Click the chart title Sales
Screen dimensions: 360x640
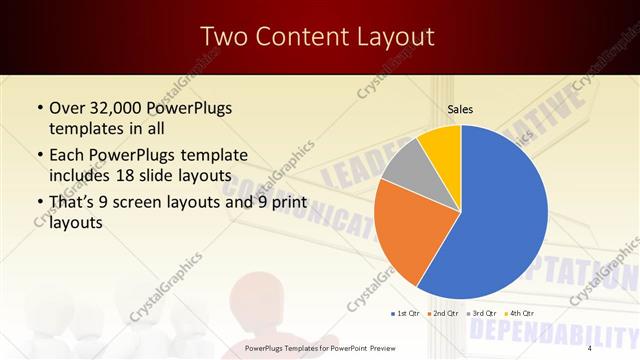tap(460, 110)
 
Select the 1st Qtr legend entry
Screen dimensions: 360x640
tap(405, 314)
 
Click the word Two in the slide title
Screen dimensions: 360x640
tap(223, 37)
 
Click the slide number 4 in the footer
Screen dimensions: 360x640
tap(591, 348)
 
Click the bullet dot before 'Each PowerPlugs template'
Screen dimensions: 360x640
tap(38, 155)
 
